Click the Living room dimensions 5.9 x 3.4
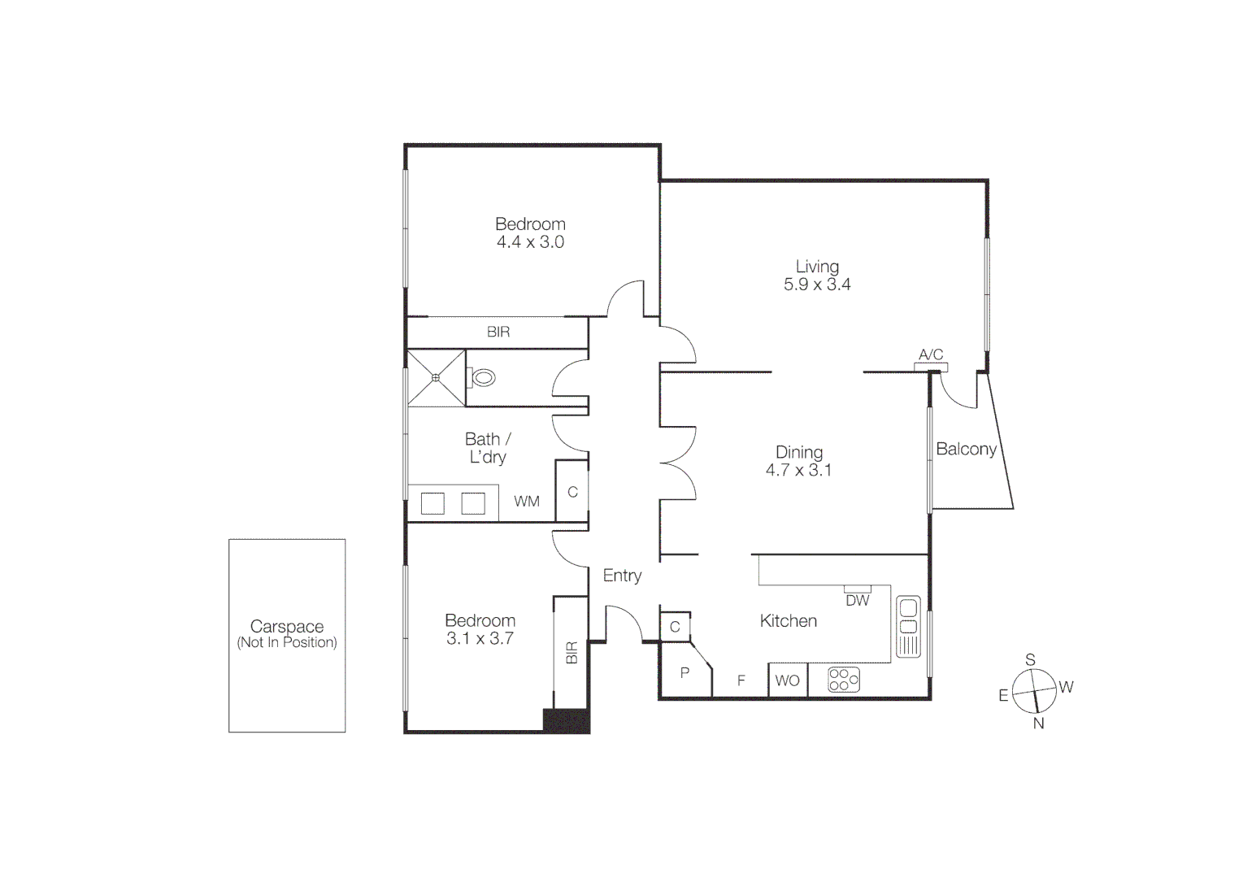click(816, 285)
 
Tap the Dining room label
click(798, 452)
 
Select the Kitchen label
click(788, 621)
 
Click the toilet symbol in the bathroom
click(484, 377)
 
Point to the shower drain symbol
click(436, 377)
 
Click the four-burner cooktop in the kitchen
click(844, 680)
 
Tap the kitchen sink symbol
click(908, 626)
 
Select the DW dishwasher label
click(857, 601)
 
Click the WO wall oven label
click(787, 681)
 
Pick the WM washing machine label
click(526, 502)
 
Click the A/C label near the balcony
click(931, 354)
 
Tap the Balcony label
click(966, 449)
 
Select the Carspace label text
click(287, 627)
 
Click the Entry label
click(622, 576)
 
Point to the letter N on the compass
click(1038, 724)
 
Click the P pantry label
click(685, 672)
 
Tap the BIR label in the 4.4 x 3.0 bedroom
click(498, 332)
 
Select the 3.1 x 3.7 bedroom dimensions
click(480, 639)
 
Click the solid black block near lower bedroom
click(566, 721)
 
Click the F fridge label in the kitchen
click(741, 681)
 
